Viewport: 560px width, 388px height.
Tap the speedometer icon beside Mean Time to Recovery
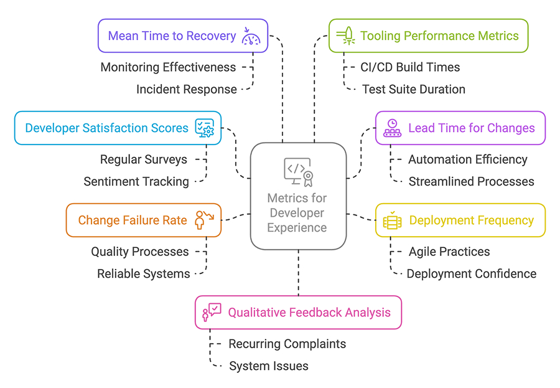coord(252,36)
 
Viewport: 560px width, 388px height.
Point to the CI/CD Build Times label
coord(410,67)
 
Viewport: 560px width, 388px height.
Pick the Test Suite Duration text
coord(413,89)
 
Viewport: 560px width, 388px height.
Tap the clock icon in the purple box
coord(392,128)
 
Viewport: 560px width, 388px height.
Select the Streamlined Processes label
coord(471,181)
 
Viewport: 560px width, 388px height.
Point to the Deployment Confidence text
coord(471,273)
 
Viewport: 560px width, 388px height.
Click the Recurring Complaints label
coord(287,344)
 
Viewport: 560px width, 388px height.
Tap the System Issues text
coord(268,366)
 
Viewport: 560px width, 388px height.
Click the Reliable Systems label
coord(143,273)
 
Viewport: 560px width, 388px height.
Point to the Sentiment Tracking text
coord(136,181)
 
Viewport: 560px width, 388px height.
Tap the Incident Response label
coord(186,89)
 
